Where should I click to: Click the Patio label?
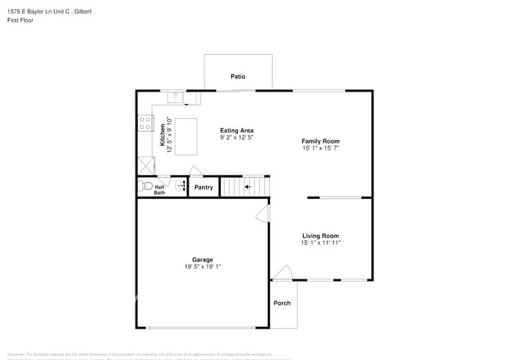[x=238, y=77]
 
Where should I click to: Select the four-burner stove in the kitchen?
[x=145, y=123]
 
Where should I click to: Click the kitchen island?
[x=186, y=136]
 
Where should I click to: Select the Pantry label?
[x=204, y=188]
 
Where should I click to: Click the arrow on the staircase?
[x=247, y=187]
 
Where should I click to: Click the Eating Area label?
[x=236, y=131]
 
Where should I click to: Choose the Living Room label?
[x=320, y=236]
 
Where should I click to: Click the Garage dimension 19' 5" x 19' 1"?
[x=203, y=267]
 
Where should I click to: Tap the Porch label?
[x=282, y=304]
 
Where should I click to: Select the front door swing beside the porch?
[x=283, y=272]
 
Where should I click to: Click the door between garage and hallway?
[x=264, y=214]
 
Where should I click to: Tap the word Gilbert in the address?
[x=94, y=11]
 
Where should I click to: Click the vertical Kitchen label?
[x=163, y=135]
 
